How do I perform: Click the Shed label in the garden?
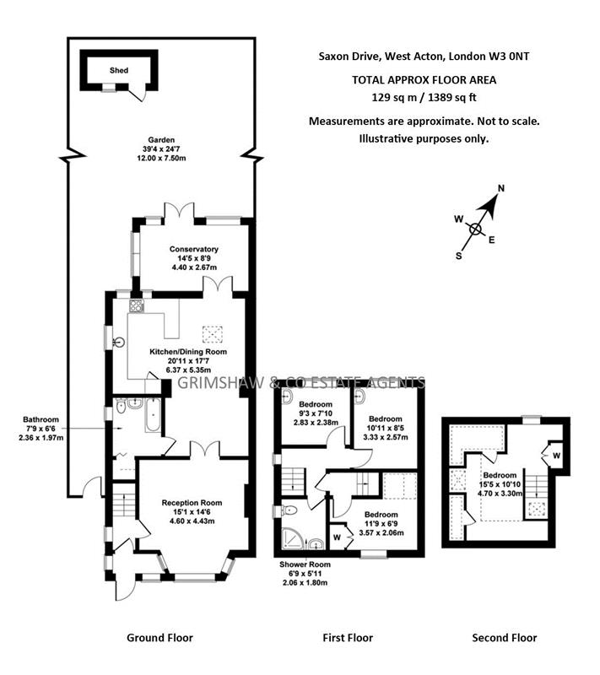click(x=119, y=70)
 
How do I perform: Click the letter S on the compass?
click(x=459, y=254)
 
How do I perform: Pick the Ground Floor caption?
click(x=159, y=638)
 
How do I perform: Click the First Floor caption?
click(x=347, y=638)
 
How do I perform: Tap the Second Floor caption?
click(x=504, y=638)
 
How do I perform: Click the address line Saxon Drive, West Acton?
click(x=424, y=57)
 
